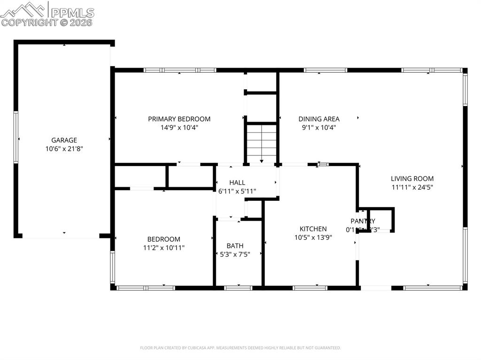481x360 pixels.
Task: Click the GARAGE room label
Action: click(x=64, y=140)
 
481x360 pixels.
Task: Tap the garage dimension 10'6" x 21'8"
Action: click(x=64, y=149)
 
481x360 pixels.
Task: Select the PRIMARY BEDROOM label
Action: click(x=179, y=119)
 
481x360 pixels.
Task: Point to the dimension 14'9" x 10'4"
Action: click(x=179, y=127)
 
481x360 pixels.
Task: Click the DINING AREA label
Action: click(x=319, y=119)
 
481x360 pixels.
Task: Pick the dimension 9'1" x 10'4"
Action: click(x=319, y=127)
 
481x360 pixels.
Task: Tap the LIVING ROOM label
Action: click(x=412, y=178)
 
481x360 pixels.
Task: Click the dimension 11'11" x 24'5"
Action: click(x=412, y=187)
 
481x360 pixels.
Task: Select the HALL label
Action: click(x=237, y=182)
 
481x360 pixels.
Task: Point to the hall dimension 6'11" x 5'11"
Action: click(x=237, y=191)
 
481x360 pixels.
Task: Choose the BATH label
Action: click(x=235, y=245)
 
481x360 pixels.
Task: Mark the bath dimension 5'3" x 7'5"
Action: click(x=235, y=254)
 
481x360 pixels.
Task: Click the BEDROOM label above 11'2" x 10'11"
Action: click(x=163, y=239)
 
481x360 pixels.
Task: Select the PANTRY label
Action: click(x=363, y=221)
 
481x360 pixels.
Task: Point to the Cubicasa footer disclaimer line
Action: click(x=240, y=348)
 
